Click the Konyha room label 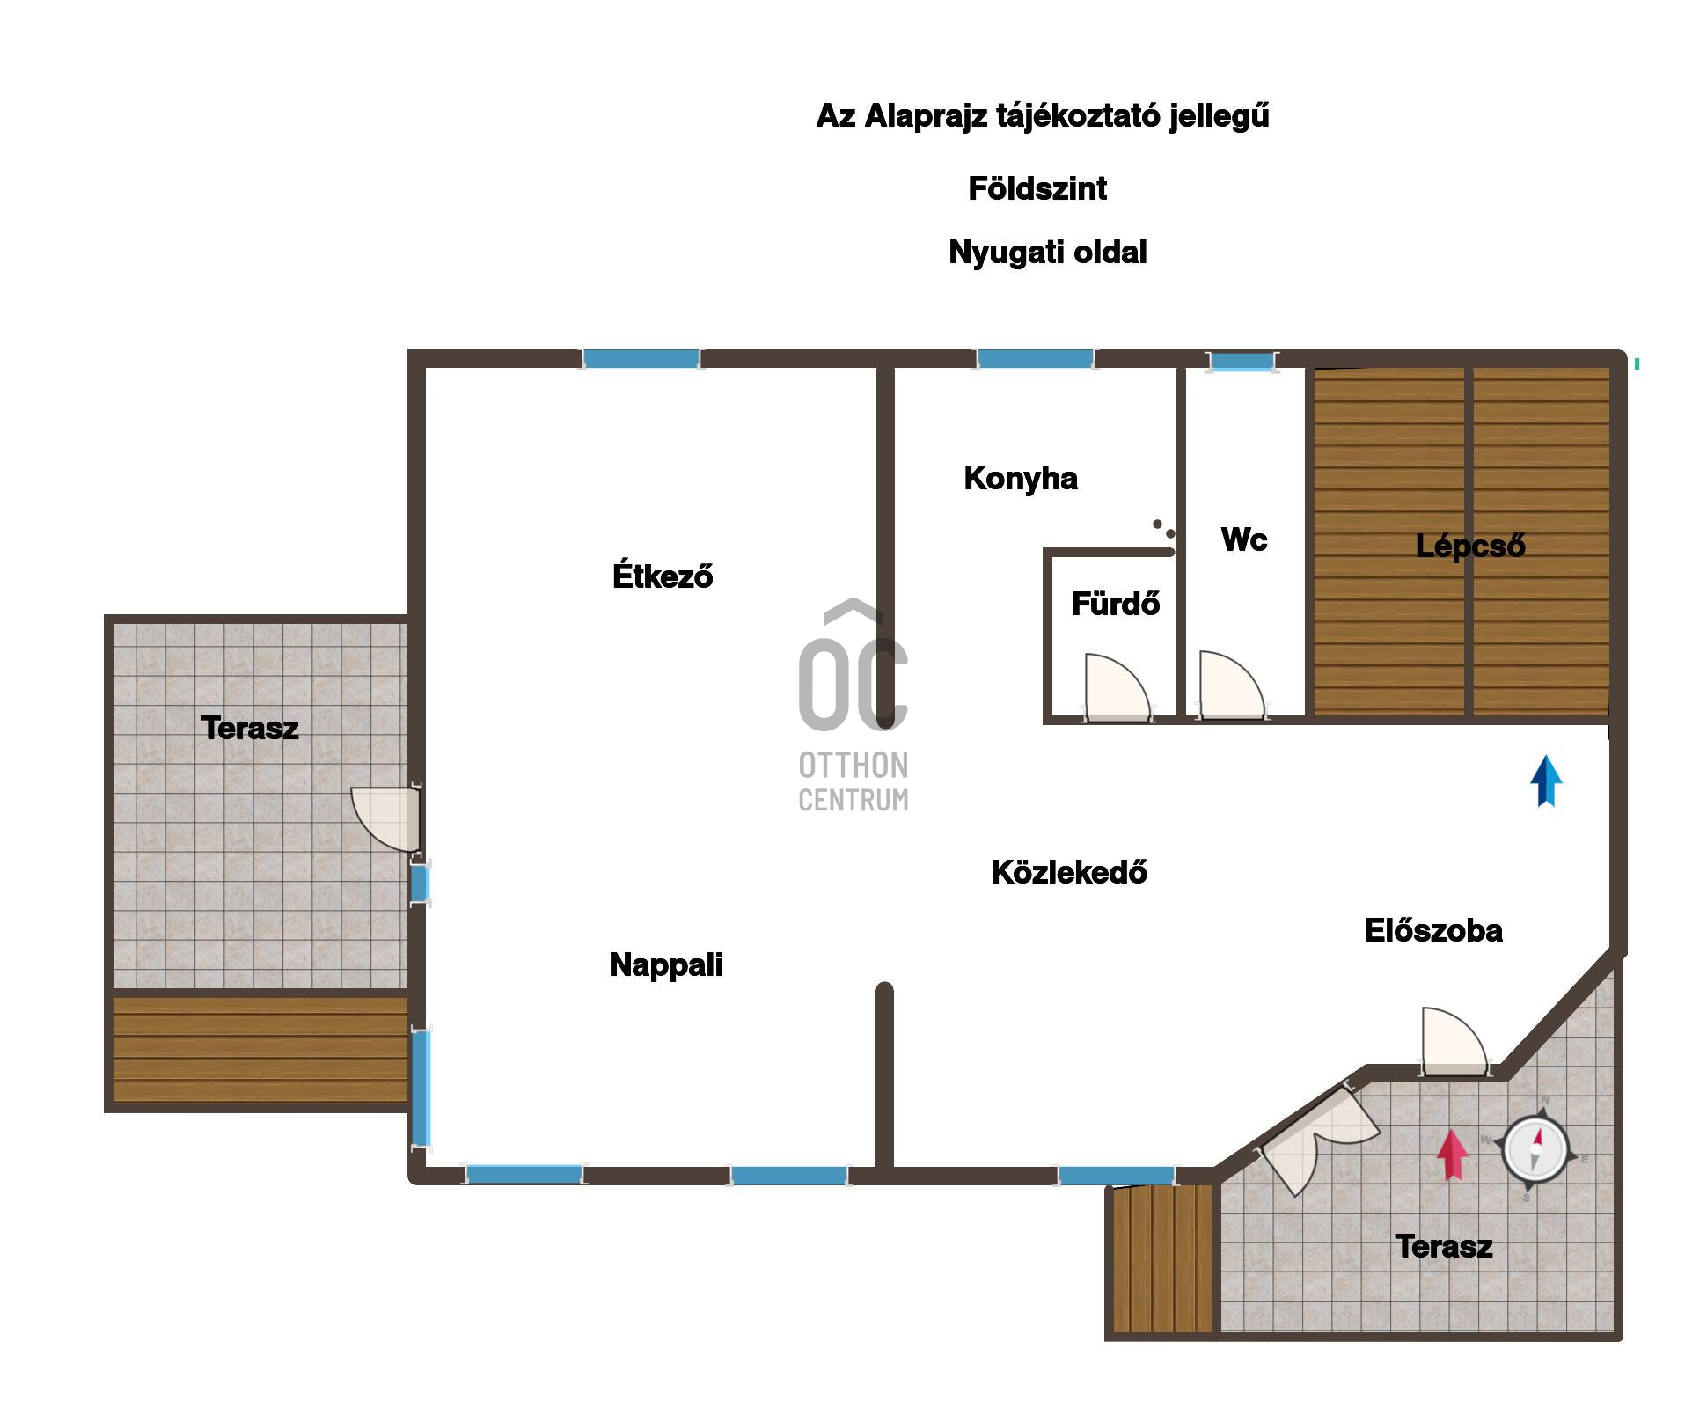pos(1021,479)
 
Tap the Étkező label pos(663,576)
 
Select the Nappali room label pos(666,965)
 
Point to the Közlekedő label pos(1069,872)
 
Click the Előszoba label pos(1433,930)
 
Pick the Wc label pos(1244,539)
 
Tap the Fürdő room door pos(1116,687)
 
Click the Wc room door pos(1232,686)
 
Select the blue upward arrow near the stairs pos(1546,781)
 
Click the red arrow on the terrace pos(1453,1155)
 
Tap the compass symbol pos(1535,1149)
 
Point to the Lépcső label pos(1470,546)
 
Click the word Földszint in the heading pos(1037,188)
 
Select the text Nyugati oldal pos(1048,253)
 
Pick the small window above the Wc pos(1242,361)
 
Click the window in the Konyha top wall pos(1035,358)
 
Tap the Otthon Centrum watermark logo pos(853,705)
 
